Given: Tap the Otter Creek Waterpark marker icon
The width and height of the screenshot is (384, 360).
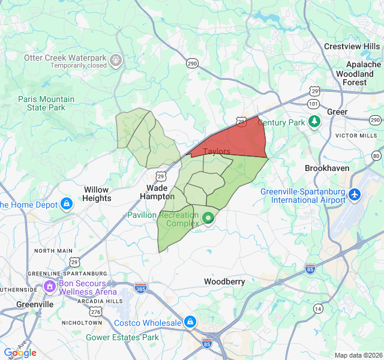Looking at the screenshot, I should [x=116, y=59].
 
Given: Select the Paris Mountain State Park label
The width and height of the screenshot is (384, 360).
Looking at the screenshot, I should [x=46, y=103].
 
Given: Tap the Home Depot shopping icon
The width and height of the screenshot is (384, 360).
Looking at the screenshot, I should [x=67, y=205].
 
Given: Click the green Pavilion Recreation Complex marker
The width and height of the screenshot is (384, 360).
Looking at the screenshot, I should [x=208, y=218].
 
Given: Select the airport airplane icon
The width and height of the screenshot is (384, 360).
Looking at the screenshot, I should [x=355, y=195].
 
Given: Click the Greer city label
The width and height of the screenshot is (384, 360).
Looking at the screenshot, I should [x=337, y=112].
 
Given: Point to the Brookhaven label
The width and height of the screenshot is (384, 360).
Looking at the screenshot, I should [x=327, y=169].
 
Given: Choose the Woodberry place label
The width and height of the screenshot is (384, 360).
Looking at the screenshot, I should [x=224, y=281].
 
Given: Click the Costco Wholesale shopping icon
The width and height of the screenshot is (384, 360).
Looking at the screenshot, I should [x=190, y=322].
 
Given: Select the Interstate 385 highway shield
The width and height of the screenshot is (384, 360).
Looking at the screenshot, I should [x=140, y=288].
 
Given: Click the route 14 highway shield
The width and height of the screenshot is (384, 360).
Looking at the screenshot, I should [x=317, y=308].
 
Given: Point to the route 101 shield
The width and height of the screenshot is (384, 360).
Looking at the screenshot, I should [x=313, y=103].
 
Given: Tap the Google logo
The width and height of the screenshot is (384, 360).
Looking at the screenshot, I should [x=20, y=352].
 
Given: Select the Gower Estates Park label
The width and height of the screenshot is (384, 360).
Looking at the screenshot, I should [x=122, y=337].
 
